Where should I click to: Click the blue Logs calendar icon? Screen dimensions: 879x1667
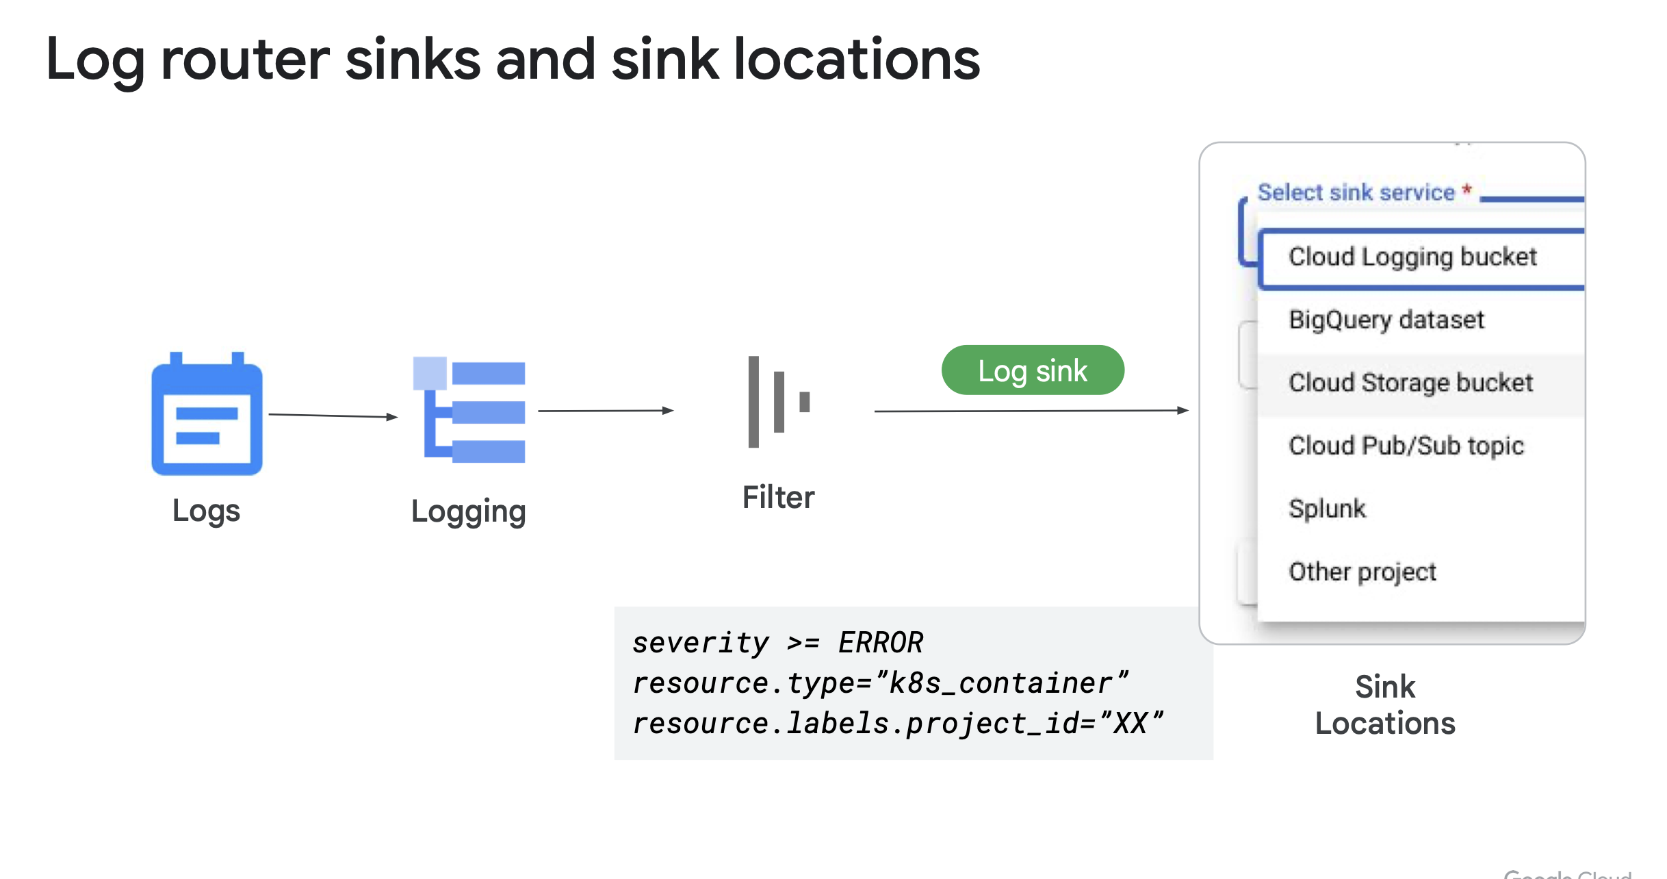coord(207,415)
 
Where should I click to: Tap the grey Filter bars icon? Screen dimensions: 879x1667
coord(778,402)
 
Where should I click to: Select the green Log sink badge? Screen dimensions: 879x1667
coord(1032,370)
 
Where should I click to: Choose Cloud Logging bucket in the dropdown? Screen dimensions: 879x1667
coord(1412,257)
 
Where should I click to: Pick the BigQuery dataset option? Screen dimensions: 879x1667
coord(1386,320)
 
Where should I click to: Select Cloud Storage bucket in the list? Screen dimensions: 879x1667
coord(1410,383)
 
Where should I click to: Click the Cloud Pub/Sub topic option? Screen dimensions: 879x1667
coord(1406,446)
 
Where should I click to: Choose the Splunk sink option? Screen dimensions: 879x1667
coord(1327,509)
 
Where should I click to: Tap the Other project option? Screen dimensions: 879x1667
coord(1362,572)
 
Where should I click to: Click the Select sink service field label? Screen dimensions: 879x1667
coord(1356,192)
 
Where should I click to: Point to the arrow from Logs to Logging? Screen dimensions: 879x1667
coord(333,416)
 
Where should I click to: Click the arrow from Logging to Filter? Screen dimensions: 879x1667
coord(605,411)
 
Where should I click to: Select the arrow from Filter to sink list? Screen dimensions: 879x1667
coord(1031,411)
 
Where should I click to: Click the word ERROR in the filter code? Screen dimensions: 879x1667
coord(881,643)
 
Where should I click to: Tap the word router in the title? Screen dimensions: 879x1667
coord(245,60)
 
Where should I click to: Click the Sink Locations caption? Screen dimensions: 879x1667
coord(1385,704)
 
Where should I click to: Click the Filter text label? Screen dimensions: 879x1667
coord(778,497)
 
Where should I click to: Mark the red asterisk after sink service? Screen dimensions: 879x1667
coord(1466,190)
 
